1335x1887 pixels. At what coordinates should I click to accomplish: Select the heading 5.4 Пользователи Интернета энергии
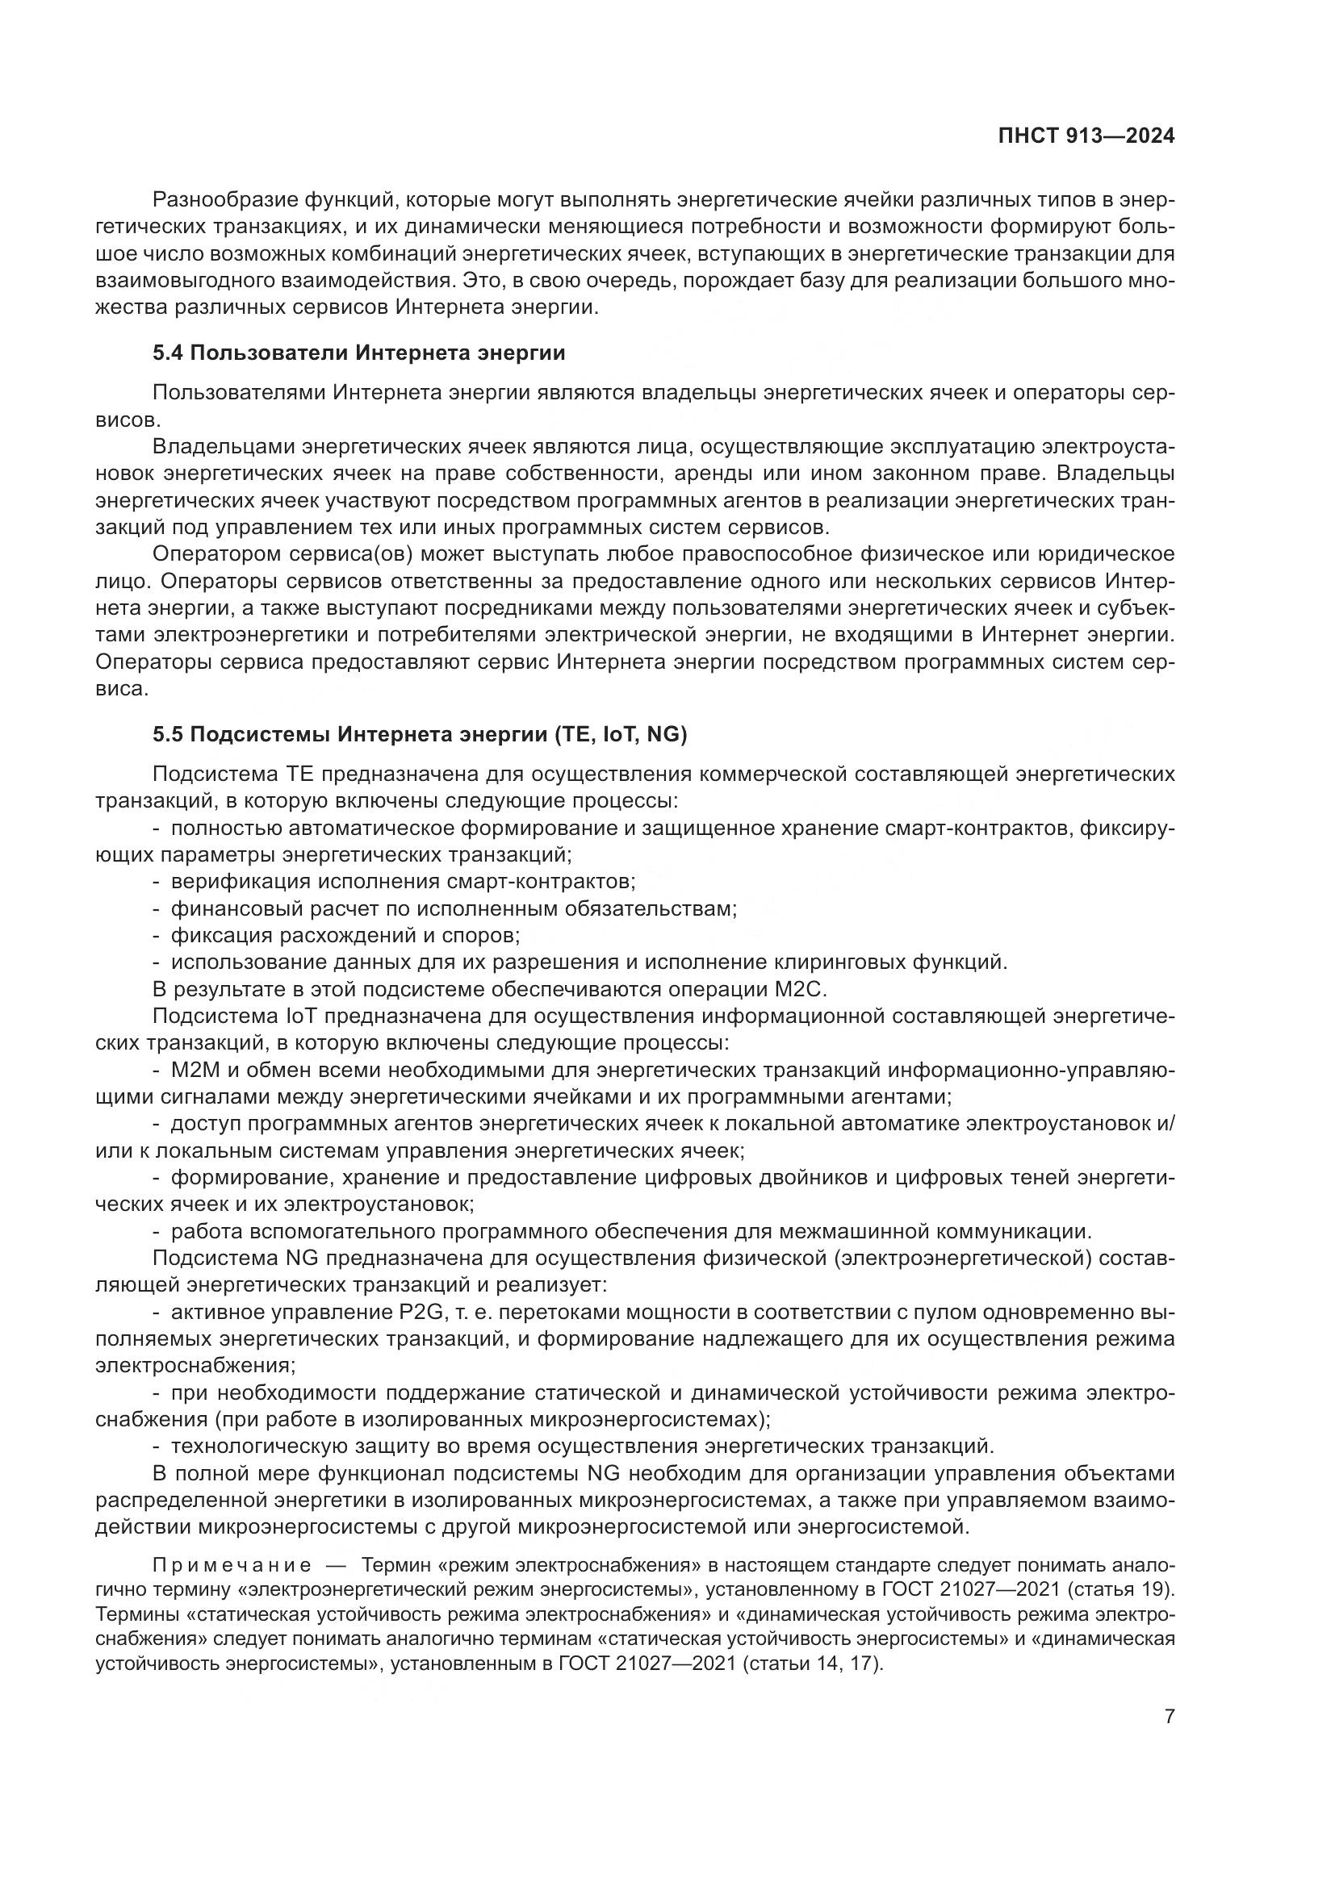pos(358,353)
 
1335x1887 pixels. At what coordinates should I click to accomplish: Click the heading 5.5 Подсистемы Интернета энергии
pos(419,734)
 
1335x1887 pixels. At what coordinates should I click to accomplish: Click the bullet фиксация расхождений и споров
pos(345,935)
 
